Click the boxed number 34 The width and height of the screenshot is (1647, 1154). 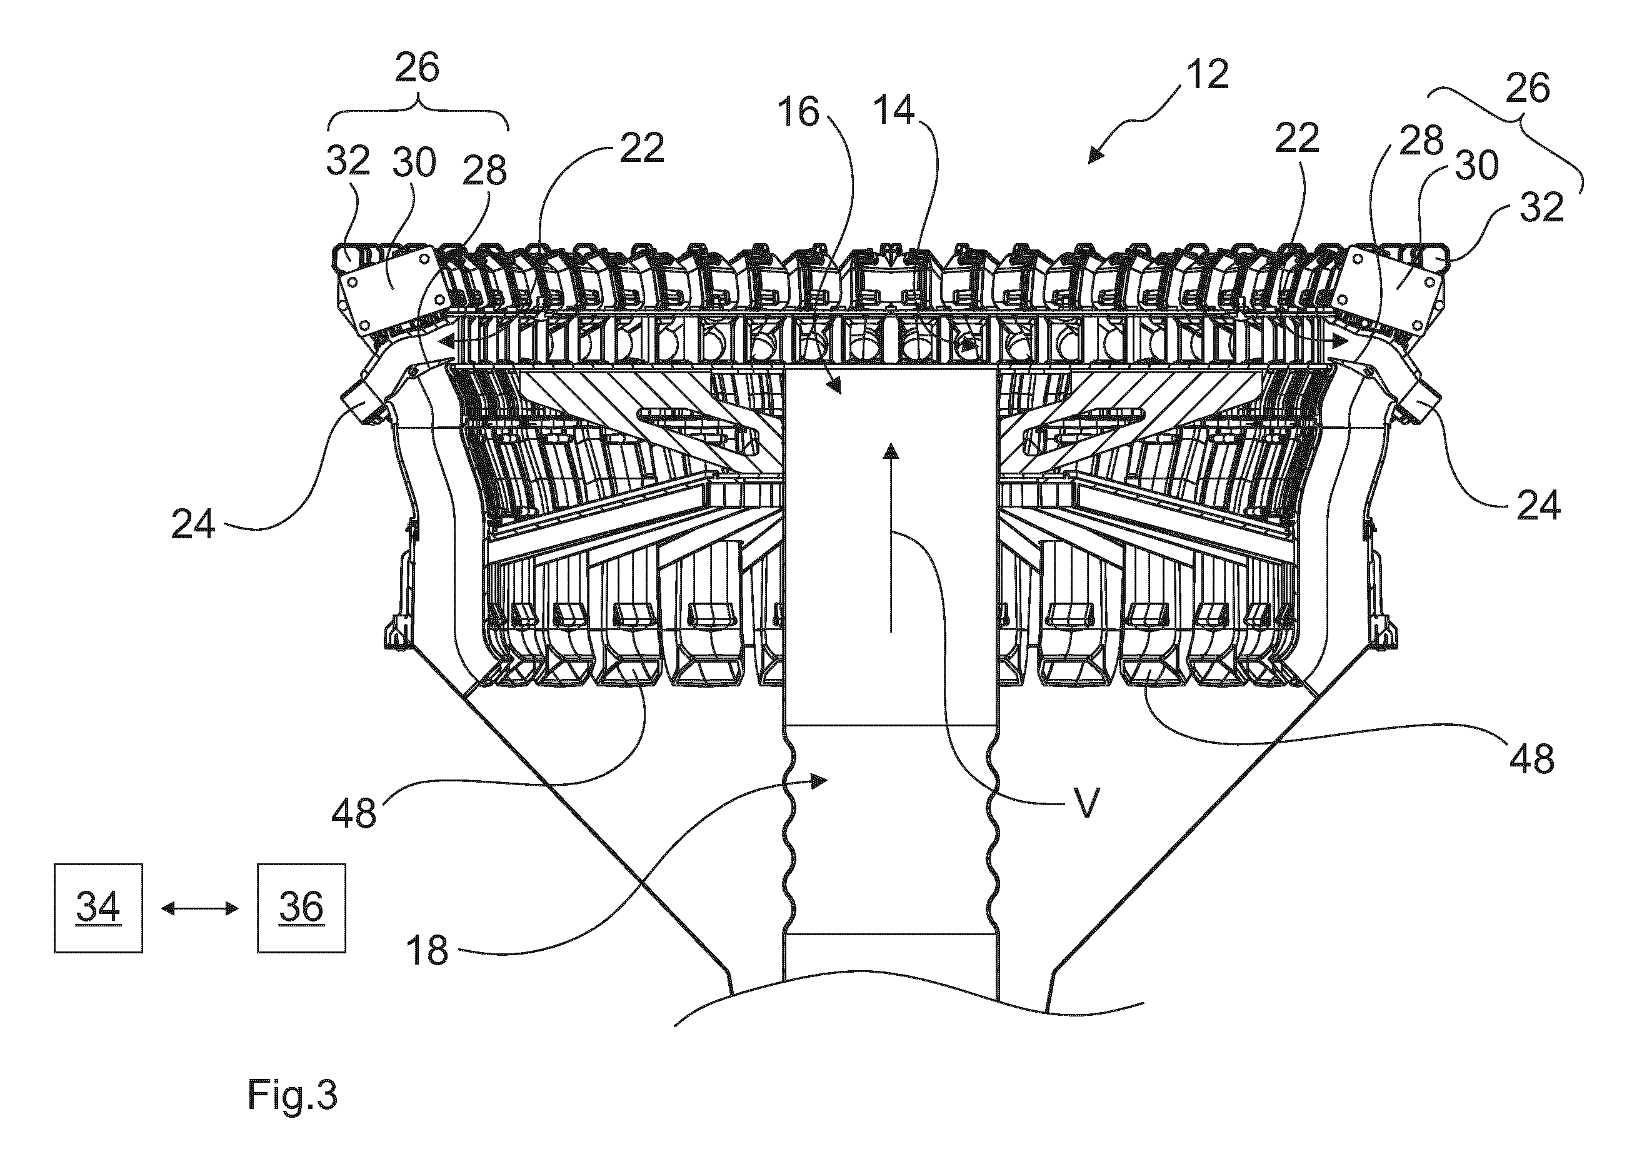98,907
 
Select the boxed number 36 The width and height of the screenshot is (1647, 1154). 301,907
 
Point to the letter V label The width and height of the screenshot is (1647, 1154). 1088,804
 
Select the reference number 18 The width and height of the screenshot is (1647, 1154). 427,950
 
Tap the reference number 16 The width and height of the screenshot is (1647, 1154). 798,113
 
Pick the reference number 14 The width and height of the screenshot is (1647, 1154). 894,111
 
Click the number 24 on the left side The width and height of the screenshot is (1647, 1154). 194,525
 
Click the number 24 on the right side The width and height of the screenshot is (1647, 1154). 1539,506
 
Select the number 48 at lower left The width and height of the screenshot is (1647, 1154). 354,814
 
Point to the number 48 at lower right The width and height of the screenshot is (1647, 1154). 1531,758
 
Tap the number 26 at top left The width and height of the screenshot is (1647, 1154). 418,68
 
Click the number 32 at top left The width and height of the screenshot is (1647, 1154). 348,161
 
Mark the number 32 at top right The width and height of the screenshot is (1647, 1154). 1541,208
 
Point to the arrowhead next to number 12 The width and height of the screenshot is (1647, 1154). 1096,156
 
